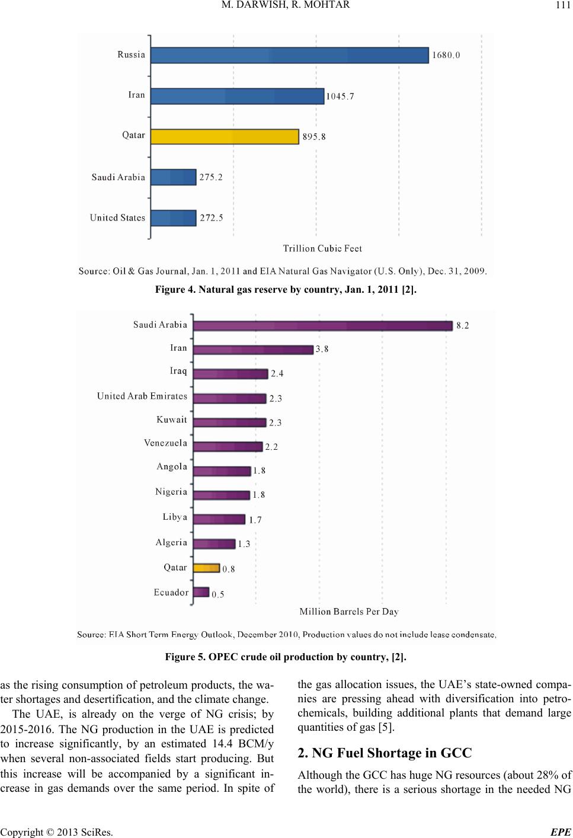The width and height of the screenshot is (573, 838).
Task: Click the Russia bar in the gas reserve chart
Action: (x=289, y=55)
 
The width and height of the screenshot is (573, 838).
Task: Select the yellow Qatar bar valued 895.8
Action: (x=225, y=136)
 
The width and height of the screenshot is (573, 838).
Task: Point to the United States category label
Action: (x=117, y=218)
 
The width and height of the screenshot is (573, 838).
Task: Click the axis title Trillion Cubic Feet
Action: (x=322, y=248)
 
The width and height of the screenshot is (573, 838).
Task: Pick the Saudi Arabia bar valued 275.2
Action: (x=173, y=177)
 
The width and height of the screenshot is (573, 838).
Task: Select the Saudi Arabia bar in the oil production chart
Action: (x=323, y=325)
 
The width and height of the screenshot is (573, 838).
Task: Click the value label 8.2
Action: (x=463, y=325)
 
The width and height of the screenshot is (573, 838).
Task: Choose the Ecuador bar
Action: (x=201, y=592)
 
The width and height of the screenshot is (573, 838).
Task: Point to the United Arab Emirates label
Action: (x=142, y=396)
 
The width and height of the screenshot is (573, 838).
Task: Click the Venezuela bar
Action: (x=228, y=446)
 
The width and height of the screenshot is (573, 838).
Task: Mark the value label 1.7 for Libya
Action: (x=255, y=520)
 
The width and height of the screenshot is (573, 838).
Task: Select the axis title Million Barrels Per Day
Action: (x=349, y=611)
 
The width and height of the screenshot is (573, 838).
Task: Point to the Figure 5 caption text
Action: (x=286, y=657)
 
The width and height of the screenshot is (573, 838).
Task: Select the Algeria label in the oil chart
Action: (x=171, y=542)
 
